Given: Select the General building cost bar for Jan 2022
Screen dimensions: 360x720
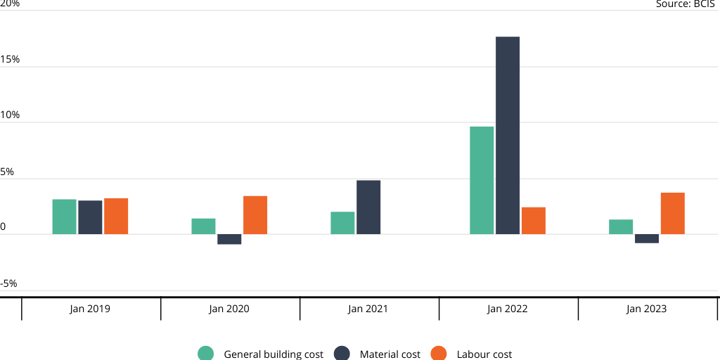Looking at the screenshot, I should click(482, 180).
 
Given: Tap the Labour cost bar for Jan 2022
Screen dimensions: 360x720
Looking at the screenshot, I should click(534, 221).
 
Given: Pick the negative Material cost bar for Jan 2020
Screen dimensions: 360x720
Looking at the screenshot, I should click(229, 239).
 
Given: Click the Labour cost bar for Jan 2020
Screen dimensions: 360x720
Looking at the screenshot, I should click(255, 215).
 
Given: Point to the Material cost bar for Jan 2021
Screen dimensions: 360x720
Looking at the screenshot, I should click(368, 207).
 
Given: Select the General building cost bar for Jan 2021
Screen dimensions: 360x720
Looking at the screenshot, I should click(342, 223).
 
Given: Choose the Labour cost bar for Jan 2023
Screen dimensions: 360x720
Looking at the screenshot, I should click(673, 213).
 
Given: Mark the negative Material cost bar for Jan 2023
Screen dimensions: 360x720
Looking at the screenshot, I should click(647, 238).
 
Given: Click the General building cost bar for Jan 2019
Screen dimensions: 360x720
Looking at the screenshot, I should click(64, 217).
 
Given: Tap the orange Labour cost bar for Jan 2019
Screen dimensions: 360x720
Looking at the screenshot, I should click(116, 216).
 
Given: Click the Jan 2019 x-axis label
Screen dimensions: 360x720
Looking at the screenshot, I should click(90, 309).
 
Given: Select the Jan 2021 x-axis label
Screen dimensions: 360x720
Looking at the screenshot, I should click(368, 309).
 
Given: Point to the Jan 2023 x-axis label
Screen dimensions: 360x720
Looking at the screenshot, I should click(647, 309).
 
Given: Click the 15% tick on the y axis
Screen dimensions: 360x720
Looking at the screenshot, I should click(10, 60).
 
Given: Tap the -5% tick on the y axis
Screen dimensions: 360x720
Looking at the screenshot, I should click(9, 284).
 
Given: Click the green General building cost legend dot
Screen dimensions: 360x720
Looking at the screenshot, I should click(206, 354).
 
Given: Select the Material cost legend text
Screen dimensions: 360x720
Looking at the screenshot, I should click(390, 354).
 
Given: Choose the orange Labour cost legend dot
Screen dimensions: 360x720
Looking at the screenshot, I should click(439, 354).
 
